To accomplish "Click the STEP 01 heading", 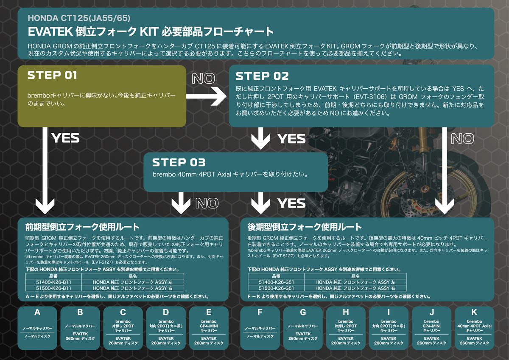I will coord(52,76).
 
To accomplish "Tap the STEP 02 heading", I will coord(262,76).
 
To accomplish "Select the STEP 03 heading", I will coord(179,163).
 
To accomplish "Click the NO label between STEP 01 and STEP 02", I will coord(203,79).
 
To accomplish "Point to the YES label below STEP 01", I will coord(65,138).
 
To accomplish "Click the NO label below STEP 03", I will coord(207,204).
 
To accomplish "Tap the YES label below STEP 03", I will coord(291,204).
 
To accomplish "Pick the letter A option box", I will coord(37,328).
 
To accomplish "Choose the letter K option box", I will coord(474,328).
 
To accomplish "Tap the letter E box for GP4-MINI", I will coord(209,328).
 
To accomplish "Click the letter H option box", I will coord(346,328).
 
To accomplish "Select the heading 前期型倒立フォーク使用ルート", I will coord(82,227).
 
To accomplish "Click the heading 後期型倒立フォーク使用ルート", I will coord(305,227).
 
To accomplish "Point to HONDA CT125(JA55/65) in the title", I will coord(78,19).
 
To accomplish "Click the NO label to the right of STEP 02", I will coord(463,138).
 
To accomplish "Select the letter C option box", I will coord(123,328).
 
